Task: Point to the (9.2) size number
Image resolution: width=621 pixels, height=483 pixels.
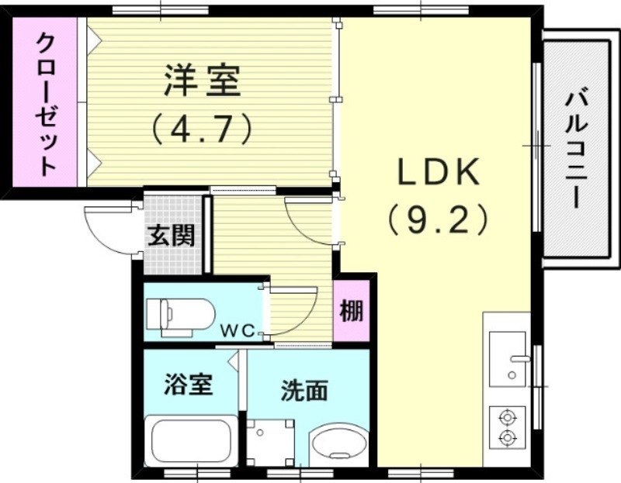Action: point(439,220)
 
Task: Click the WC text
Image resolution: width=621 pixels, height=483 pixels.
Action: point(240,330)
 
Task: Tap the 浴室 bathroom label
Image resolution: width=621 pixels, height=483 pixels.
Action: point(188,384)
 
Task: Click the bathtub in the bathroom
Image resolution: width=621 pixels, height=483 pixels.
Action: point(191,442)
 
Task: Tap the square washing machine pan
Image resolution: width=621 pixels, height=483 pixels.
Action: point(270,443)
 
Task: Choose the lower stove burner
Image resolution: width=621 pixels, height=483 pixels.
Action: point(508,439)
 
